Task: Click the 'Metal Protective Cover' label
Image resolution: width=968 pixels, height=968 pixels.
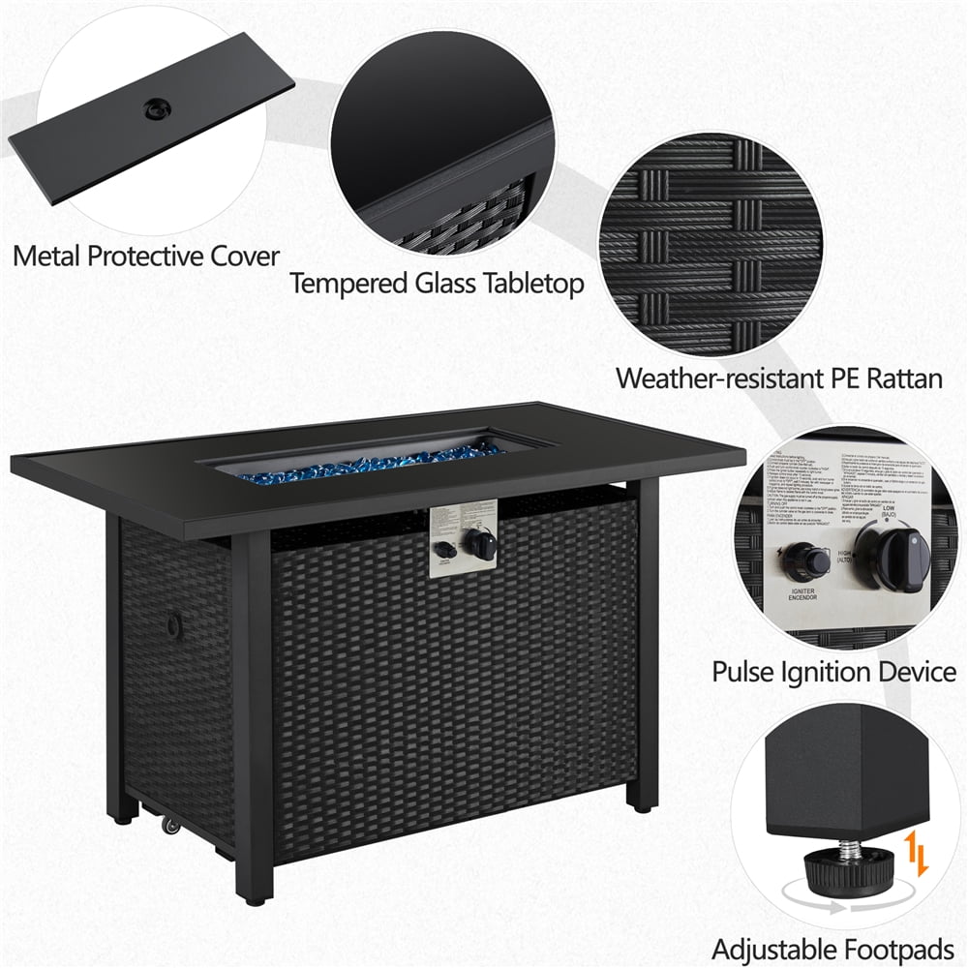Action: tap(146, 257)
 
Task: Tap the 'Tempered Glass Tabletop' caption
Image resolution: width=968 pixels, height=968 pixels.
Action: tap(438, 284)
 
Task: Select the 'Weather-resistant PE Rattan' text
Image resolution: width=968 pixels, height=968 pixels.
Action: tap(779, 377)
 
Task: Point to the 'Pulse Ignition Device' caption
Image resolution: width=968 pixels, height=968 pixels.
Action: tap(833, 671)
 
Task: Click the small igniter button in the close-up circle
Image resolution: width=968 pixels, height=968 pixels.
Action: tap(805, 559)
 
